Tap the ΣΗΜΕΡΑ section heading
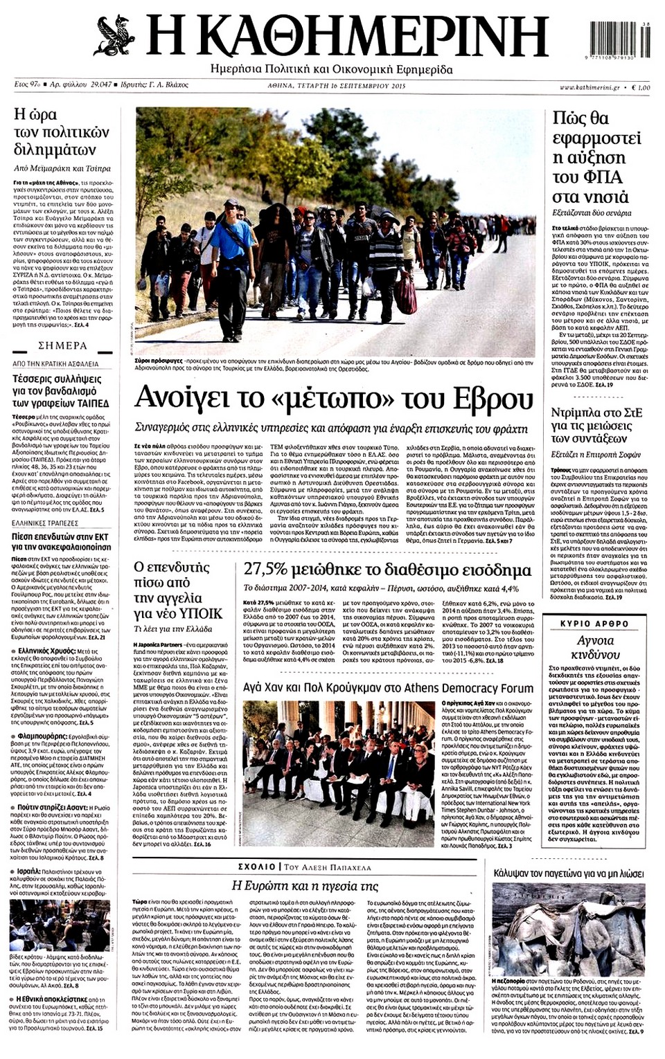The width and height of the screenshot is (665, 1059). pyautogui.click(x=62, y=345)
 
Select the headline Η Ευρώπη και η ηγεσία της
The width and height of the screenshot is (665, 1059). pyautogui.click(x=304, y=886)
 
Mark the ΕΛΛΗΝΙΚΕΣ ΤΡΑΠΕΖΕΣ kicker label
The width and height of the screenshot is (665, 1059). pyautogui.click(x=46, y=524)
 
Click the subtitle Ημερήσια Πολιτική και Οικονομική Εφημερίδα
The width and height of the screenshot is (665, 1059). pyautogui.click(x=332, y=70)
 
